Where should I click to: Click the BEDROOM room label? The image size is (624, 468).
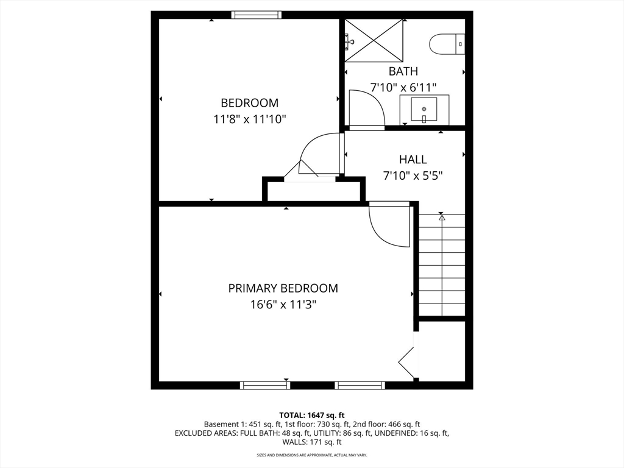tap(249, 103)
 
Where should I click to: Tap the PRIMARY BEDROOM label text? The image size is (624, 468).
tap(283, 288)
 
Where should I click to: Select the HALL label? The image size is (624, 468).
tap(413, 160)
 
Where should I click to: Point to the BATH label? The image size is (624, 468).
tap(403, 72)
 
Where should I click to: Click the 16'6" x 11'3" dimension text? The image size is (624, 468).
tap(283, 305)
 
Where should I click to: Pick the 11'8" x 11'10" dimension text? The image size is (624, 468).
tap(250, 119)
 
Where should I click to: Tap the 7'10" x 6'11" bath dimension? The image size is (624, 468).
tap(403, 88)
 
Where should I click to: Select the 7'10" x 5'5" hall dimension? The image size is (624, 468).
tap(413, 176)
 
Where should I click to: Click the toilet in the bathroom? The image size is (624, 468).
tap(447, 44)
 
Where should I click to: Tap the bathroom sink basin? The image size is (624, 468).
tap(424, 110)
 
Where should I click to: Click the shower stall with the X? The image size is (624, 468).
tap(374, 41)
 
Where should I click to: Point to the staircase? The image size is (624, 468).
tap(442, 265)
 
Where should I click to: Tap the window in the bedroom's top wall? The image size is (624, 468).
tap(257, 15)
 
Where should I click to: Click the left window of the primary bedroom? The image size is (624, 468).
tap(265, 385)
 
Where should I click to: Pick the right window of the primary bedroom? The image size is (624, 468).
tap(360, 385)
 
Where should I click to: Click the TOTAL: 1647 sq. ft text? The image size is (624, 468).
tap(312, 416)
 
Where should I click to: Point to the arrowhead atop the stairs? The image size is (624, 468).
tap(441, 218)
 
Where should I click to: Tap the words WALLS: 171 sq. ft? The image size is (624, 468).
tap(312, 442)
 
